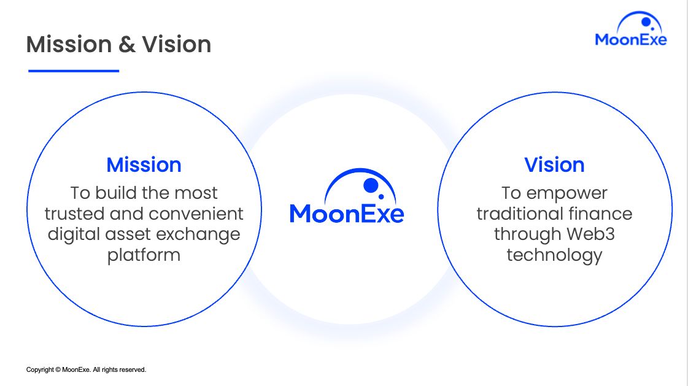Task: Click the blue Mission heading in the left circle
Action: click(144, 165)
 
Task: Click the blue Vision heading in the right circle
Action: click(554, 165)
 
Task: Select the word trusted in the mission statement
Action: click(75, 214)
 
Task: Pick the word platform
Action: click(144, 255)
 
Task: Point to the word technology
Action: click(554, 255)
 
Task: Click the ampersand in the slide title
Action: click(127, 45)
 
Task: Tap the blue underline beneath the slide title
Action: click(74, 71)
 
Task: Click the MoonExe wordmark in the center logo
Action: click(347, 214)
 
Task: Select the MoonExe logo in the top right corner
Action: click(631, 28)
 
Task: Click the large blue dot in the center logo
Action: click(371, 185)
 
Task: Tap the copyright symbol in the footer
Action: click(58, 370)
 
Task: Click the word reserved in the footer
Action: click(133, 370)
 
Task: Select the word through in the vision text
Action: click(528, 234)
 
